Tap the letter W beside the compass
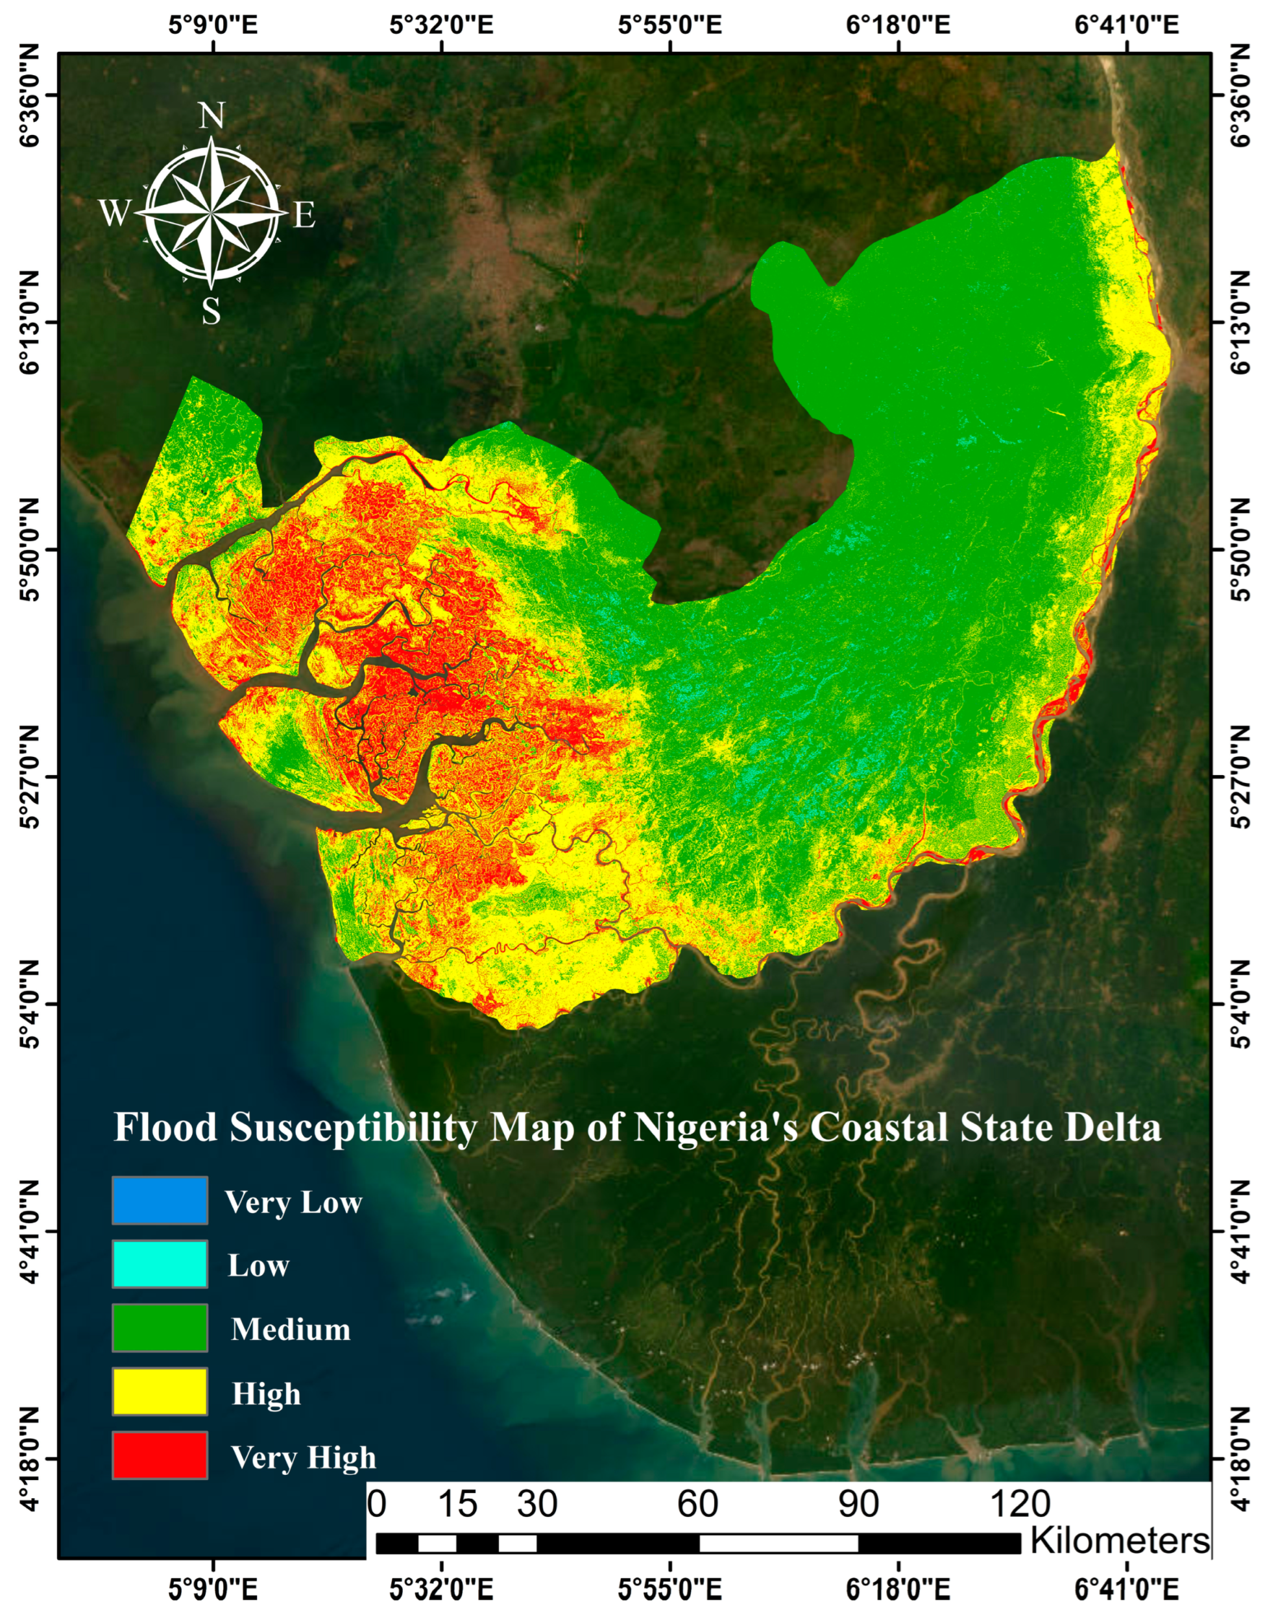(x=115, y=214)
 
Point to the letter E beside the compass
(x=304, y=215)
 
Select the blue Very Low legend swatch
(x=160, y=1201)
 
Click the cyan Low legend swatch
(x=160, y=1264)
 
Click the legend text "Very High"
(x=303, y=1457)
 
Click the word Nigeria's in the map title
(x=716, y=1128)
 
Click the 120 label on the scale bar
(x=1020, y=1505)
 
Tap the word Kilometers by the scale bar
(x=1119, y=1540)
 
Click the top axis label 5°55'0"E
(x=670, y=25)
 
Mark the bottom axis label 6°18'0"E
(x=898, y=1589)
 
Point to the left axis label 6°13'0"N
(x=28, y=324)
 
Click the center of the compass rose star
(x=212, y=213)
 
